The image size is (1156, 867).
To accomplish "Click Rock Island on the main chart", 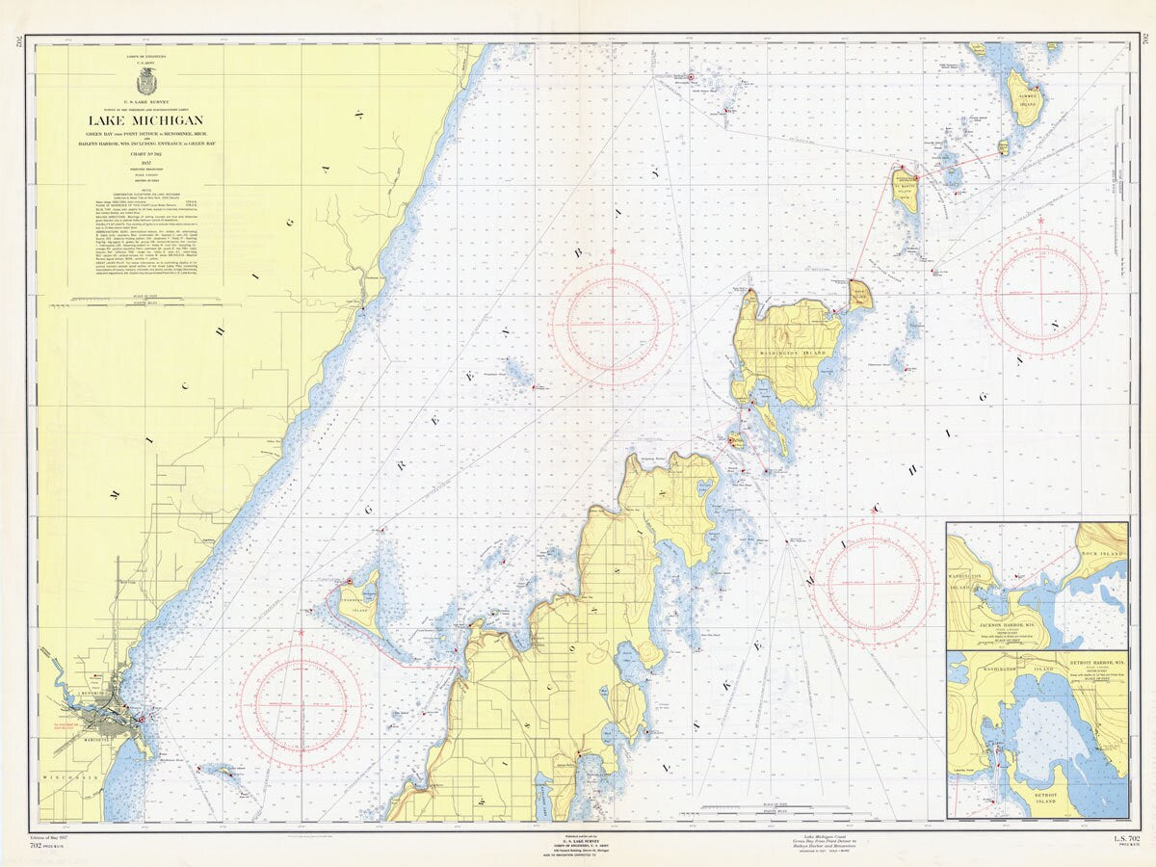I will (x=860, y=294).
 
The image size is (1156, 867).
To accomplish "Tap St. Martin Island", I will (x=906, y=194).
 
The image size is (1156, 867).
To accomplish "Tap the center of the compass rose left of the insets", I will (x=873, y=584).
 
